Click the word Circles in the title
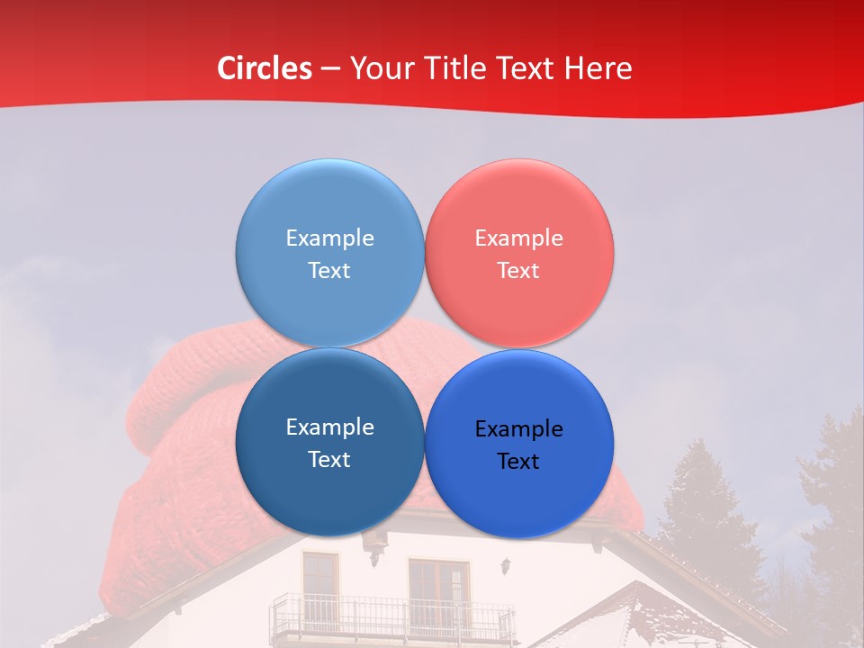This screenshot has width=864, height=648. [x=264, y=68]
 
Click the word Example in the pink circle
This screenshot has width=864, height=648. [x=518, y=238]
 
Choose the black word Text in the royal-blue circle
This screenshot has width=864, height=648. [x=518, y=462]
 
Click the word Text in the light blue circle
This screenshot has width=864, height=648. [x=329, y=271]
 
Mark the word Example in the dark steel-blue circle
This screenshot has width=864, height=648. [x=329, y=427]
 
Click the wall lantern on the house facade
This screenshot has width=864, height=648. [x=507, y=566]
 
